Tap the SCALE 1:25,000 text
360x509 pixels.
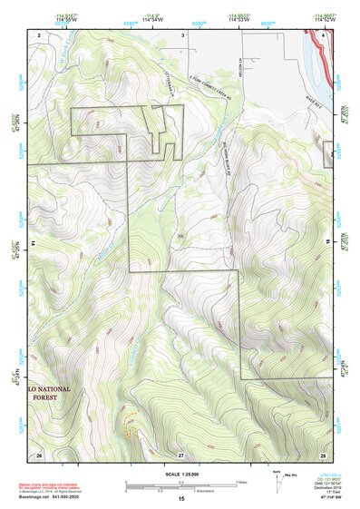[x=180, y=475]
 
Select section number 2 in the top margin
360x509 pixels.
[x=40, y=34]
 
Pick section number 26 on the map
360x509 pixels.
[x=39, y=454]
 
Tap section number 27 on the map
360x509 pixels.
[x=180, y=454]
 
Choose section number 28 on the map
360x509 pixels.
[x=323, y=454]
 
